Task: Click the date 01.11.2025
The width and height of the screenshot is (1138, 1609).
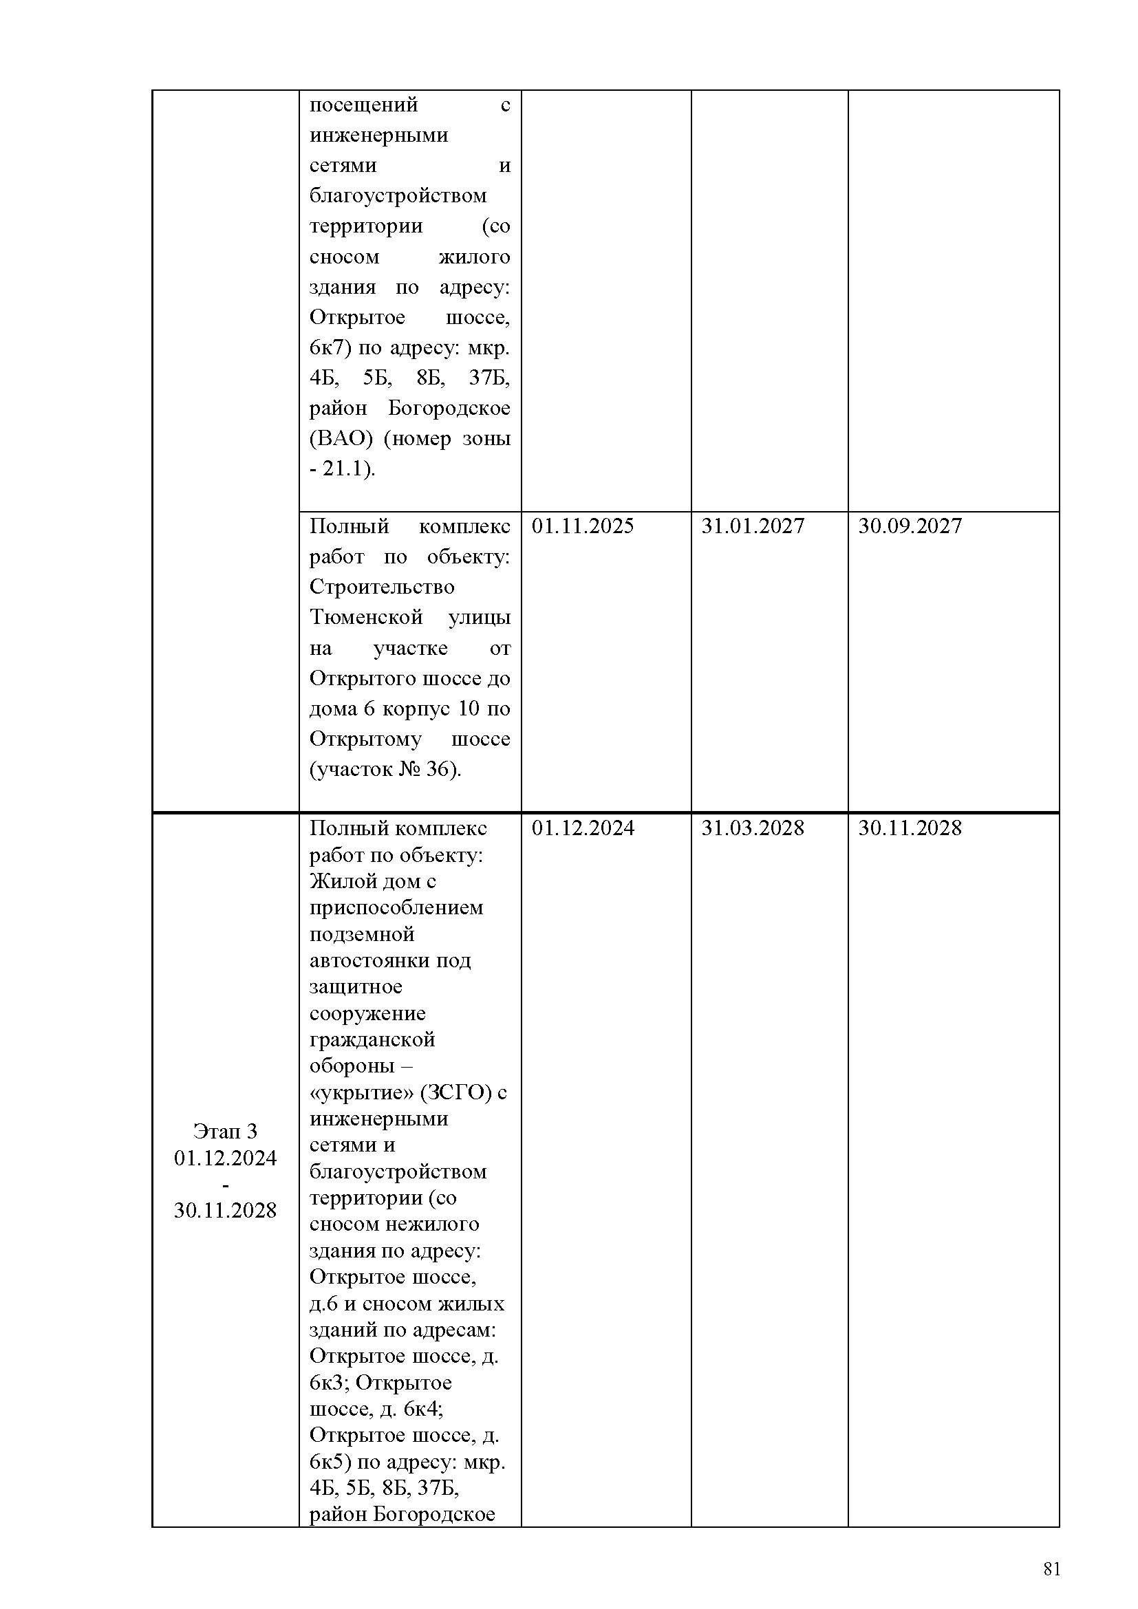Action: tap(582, 526)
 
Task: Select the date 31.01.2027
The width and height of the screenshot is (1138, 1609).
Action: tap(753, 526)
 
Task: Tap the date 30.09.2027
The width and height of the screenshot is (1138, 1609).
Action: tap(910, 526)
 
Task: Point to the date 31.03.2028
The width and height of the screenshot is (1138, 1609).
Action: tap(753, 828)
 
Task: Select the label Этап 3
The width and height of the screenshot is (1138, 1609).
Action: tap(225, 1131)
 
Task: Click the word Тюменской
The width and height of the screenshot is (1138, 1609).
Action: tap(366, 617)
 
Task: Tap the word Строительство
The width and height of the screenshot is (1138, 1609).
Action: tap(382, 587)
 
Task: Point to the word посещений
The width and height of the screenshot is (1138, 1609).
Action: tap(364, 105)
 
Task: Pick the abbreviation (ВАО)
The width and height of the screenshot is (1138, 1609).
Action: tap(341, 439)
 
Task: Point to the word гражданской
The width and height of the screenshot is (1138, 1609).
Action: tap(372, 1040)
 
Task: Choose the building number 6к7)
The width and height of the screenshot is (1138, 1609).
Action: tap(330, 347)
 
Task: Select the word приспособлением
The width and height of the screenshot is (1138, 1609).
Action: tap(396, 908)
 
